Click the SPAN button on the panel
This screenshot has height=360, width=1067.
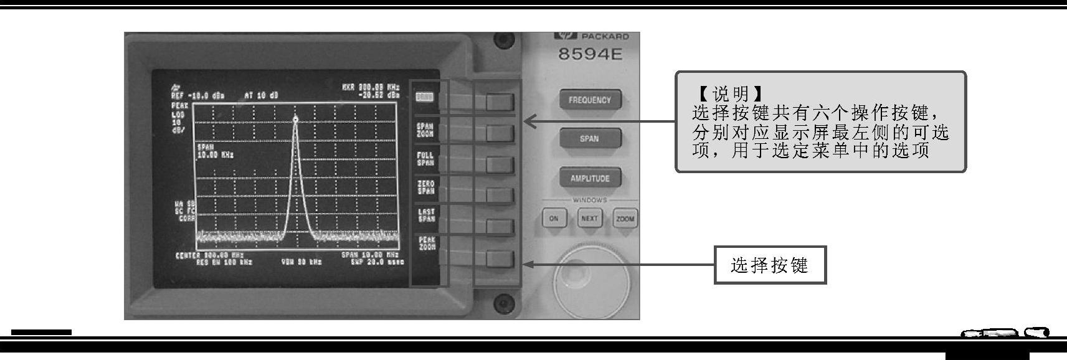(589, 138)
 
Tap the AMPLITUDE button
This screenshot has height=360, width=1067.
(590, 178)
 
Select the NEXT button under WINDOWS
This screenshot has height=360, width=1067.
(589, 219)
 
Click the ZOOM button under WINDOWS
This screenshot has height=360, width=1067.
(625, 219)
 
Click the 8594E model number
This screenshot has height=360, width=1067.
(590, 54)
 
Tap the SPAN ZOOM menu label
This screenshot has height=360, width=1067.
(425, 130)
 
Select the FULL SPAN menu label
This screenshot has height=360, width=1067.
(425, 159)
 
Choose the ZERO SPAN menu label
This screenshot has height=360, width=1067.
(425, 187)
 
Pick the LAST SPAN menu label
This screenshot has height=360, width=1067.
(426, 216)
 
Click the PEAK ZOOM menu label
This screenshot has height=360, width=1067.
(427, 244)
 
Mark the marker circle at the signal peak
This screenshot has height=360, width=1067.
(295, 119)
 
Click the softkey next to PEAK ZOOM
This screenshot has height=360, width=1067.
(500, 259)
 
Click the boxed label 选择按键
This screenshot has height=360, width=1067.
(769, 265)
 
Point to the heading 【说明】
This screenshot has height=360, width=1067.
(728, 95)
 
